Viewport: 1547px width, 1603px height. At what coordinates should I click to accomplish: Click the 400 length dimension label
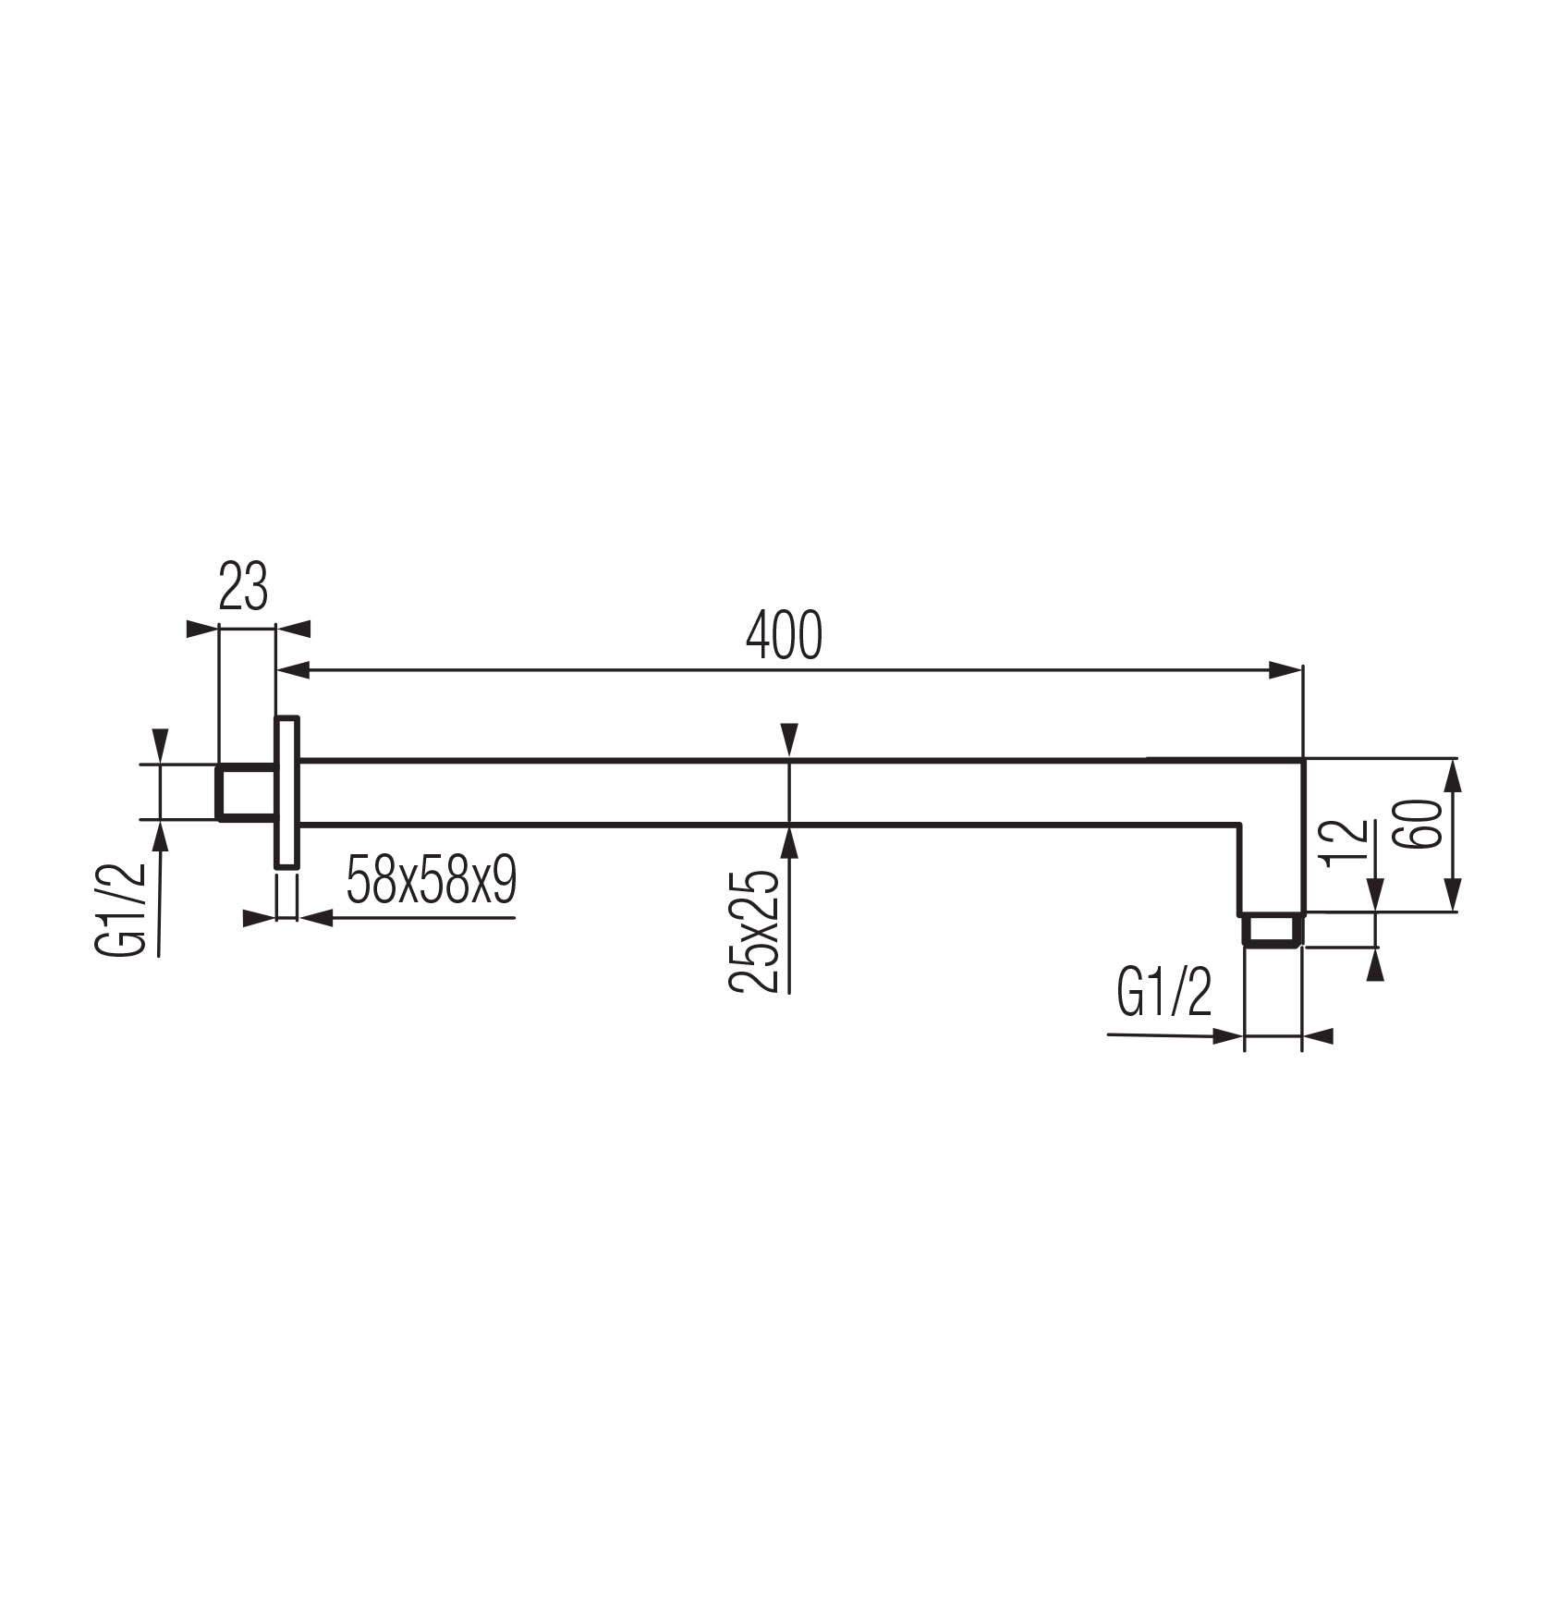click(x=784, y=635)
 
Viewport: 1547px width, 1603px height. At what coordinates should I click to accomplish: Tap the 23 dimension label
click(x=243, y=585)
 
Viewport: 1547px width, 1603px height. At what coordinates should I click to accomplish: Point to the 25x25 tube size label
click(x=753, y=931)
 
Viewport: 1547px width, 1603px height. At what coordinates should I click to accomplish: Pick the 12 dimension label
click(x=1345, y=842)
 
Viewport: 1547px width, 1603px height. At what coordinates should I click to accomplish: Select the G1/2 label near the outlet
click(x=1163, y=995)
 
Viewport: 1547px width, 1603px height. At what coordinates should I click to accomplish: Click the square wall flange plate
click(x=286, y=791)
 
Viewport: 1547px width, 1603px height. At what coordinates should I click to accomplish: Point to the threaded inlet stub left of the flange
click(x=246, y=791)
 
